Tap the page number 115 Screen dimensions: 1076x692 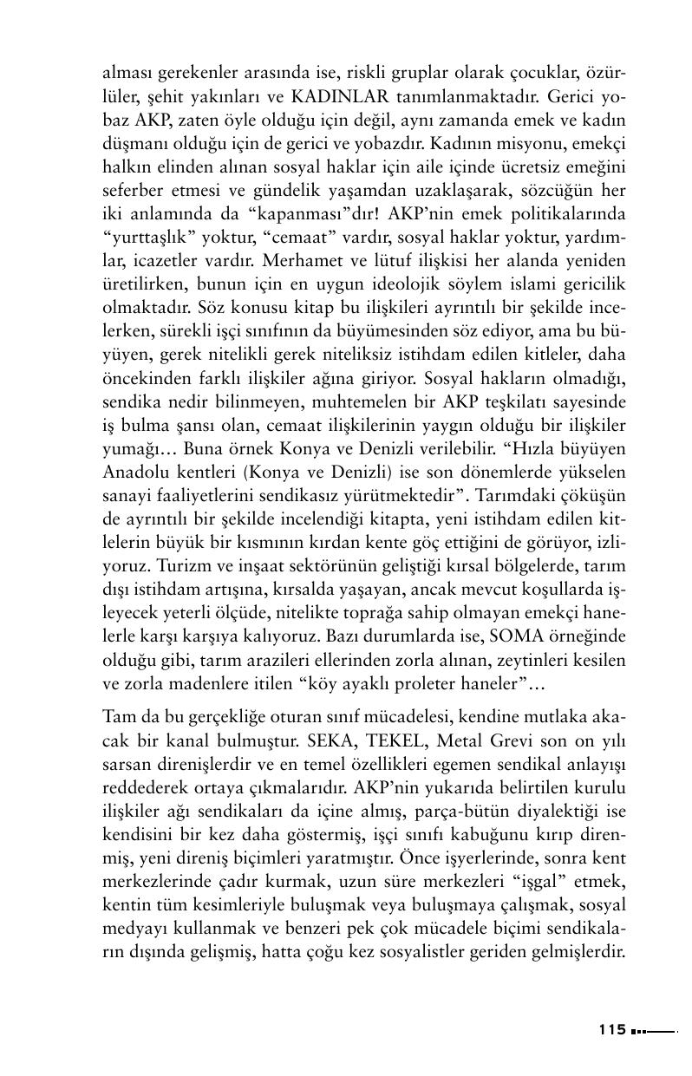[x=611, y=1029]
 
